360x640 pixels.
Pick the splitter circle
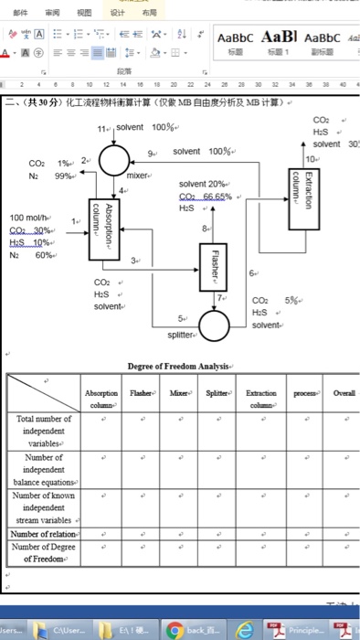click(x=216, y=324)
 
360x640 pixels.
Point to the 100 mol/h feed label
click(x=30, y=217)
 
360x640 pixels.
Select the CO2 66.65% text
click(x=206, y=196)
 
